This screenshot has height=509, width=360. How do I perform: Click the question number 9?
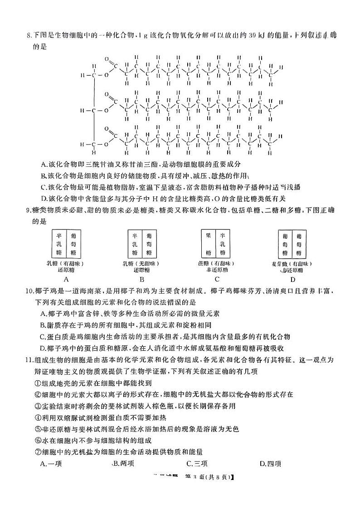point(29,209)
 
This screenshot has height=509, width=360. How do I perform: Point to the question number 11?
point(30,360)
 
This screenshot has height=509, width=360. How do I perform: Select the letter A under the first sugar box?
point(66,279)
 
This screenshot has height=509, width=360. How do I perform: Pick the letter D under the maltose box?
point(292,279)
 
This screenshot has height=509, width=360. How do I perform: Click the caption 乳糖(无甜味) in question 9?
point(142,263)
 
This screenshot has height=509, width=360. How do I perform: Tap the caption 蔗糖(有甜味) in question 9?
point(217,263)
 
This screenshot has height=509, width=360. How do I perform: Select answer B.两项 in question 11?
point(122,463)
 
